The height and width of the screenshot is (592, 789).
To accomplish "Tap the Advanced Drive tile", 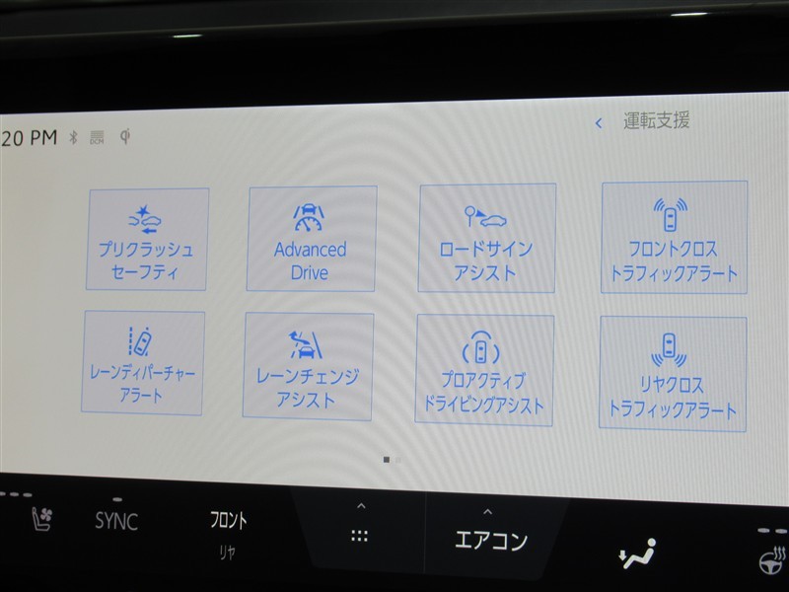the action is pyautogui.click(x=312, y=239).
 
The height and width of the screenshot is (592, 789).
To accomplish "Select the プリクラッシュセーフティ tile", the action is pyautogui.click(x=147, y=239).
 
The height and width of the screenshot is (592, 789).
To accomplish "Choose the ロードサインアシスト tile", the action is pyautogui.click(x=486, y=238).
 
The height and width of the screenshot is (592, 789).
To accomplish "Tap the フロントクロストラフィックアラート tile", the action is pyautogui.click(x=674, y=237).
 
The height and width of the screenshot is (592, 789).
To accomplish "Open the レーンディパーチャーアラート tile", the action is pyautogui.click(x=143, y=363).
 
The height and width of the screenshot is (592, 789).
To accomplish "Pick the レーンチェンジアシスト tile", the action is pyautogui.click(x=308, y=366).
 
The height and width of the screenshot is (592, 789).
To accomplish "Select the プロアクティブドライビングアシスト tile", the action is pyautogui.click(x=484, y=371).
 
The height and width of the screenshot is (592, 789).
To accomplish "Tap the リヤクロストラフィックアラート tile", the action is pyautogui.click(x=673, y=374).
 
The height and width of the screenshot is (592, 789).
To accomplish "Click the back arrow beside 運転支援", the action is pyautogui.click(x=599, y=122).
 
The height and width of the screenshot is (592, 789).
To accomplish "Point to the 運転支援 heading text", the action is pyautogui.click(x=656, y=120).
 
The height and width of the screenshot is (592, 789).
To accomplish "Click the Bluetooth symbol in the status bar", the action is pyautogui.click(x=73, y=137).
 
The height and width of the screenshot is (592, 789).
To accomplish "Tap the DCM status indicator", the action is pyautogui.click(x=97, y=137).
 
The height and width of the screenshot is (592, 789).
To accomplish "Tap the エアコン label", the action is pyautogui.click(x=490, y=541).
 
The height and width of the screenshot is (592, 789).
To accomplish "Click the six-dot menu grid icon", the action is pyautogui.click(x=359, y=536).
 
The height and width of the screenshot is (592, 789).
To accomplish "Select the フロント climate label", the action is pyautogui.click(x=229, y=520).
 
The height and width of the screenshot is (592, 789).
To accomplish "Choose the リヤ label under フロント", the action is pyautogui.click(x=228, y=553).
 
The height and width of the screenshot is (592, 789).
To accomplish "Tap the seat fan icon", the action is pyautogui.click(x=42, y=519).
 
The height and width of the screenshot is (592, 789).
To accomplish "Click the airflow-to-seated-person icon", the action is pyautogui.click(x=637, y=554).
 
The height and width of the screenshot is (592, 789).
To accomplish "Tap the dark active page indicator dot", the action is pyautogui.click(x=387, y=460).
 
